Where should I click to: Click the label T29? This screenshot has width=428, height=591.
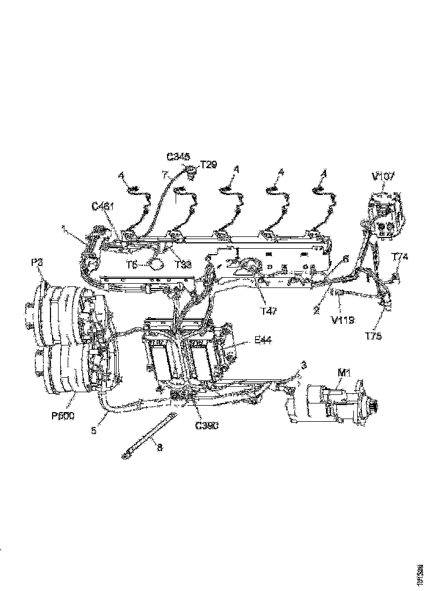pyautogui.click(x=208, y=165)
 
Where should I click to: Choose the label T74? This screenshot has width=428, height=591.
pyautogui.click(x=400, y=257)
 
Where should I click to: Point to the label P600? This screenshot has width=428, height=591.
pyautogui.click(x=63, y=415)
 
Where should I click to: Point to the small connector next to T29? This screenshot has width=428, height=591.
pyautogui.click(x=191, y=171)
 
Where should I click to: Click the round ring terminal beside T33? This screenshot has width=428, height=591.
pyautogui.click(x=156, y=264)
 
